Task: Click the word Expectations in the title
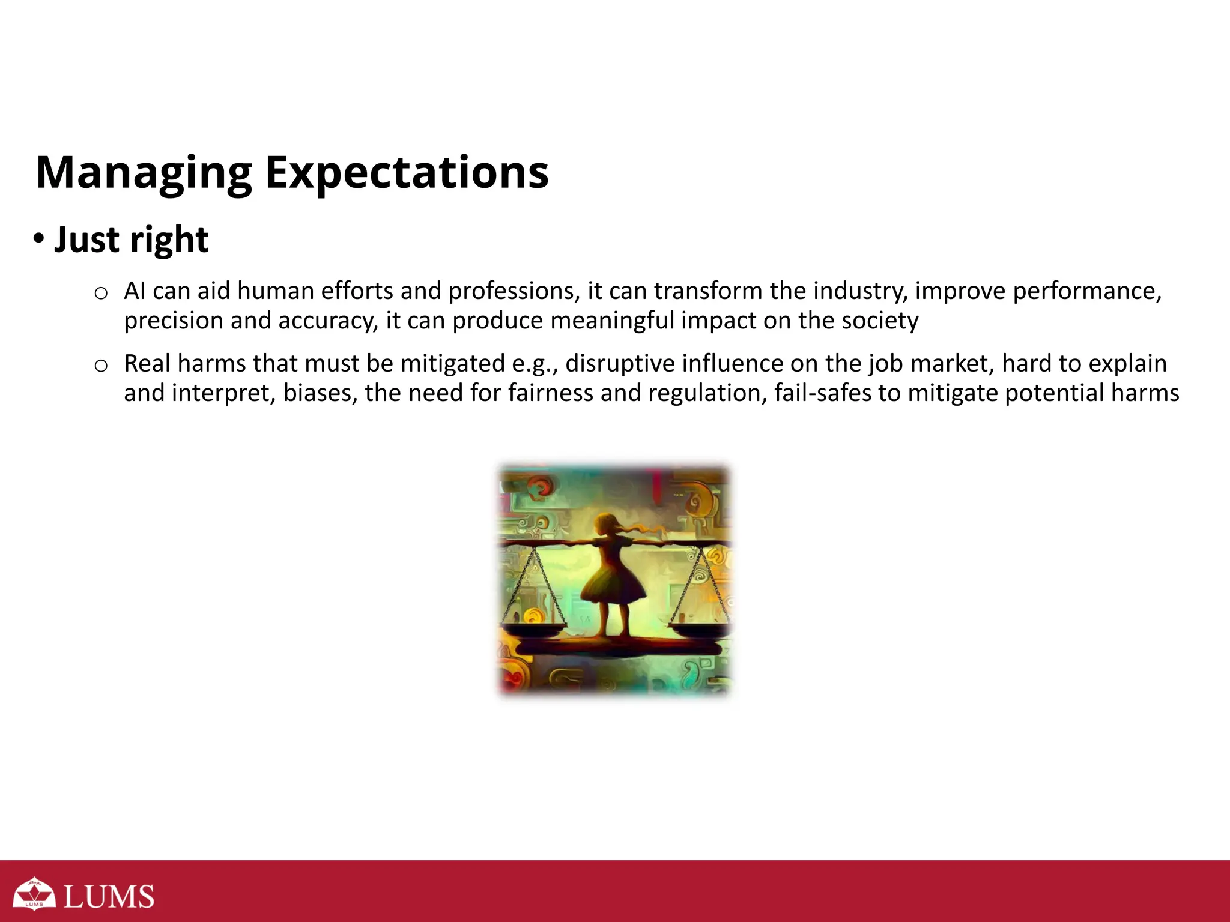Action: [x=407, y=173]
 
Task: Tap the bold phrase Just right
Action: [x=131, y=240]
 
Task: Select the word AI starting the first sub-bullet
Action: [x=135, y=291]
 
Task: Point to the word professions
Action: [x=514, y=291]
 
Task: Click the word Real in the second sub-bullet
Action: [x=147, y=364]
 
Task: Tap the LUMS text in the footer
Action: [x=109, y=896]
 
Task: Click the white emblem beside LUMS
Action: [x=35, y=894]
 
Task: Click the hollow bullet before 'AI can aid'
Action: [x=101, y=294]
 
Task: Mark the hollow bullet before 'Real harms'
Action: [x=101, y=366]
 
